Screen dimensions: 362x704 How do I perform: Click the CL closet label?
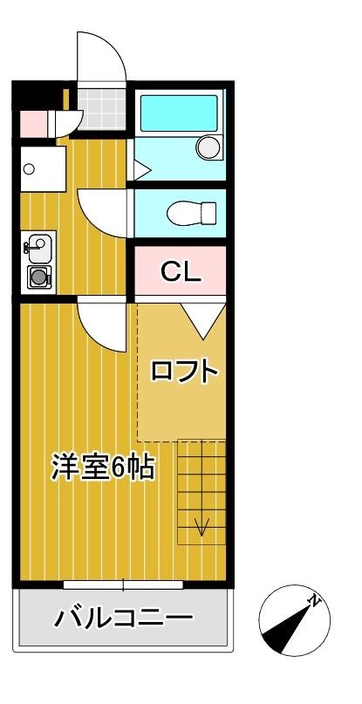point(181,270)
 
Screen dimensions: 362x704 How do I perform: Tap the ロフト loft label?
point(185,371)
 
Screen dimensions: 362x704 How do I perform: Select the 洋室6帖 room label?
point(103,467)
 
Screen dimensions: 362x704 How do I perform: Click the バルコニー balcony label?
point(124,619)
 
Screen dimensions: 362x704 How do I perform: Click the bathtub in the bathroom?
point(179,113)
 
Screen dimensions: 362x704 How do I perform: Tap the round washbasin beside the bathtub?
point(208,147)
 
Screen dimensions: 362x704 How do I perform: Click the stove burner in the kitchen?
point(38,277)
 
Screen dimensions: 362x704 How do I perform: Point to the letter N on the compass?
point(315,599)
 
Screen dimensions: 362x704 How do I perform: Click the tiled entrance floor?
point(102,108)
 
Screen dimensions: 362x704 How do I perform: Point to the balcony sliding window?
point(123,584)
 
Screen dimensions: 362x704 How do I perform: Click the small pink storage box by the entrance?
point(34,124)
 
